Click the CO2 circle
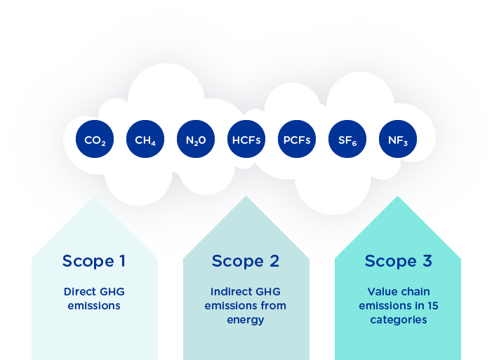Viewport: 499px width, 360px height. [95, 139]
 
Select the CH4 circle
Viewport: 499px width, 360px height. [145, 139]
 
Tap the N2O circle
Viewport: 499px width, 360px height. [196, 139]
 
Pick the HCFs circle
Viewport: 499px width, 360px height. [246, 139]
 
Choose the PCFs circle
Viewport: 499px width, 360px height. [297, 139]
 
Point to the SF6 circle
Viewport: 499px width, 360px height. [347, 139]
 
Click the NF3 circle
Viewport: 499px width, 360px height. [398, 139]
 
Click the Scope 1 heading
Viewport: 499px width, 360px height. [94, 261]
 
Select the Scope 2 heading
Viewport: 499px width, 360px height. [246, 261]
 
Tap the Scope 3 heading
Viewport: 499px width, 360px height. [399, 261]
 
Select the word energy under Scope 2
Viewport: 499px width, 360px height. [246, 320]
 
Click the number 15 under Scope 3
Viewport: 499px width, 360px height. [433, 306]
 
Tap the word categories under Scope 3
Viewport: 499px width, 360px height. [399, 320]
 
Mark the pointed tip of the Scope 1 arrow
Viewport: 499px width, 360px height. [95, 196]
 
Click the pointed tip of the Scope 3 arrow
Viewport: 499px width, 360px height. [397, 196]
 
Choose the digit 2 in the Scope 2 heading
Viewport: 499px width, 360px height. [274, 261]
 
